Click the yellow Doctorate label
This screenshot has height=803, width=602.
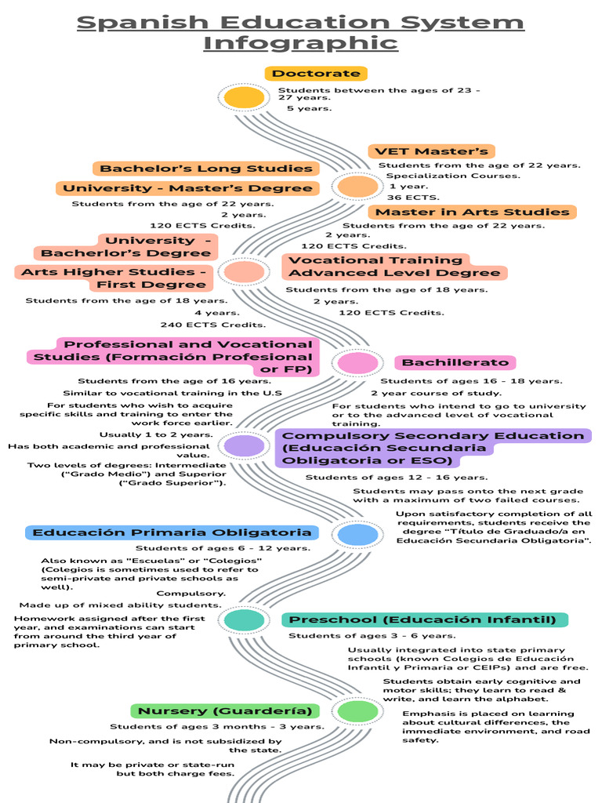(316, 73)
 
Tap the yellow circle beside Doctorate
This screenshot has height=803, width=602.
(245, 97)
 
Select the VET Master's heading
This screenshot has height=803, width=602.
(432, 151)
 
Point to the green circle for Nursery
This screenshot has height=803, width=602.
(357, 710)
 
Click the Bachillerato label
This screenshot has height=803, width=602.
(455, 362)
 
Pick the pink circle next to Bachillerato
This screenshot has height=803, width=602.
(357, 363)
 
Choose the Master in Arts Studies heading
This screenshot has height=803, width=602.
(472, 212)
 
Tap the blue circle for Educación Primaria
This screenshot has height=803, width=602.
(357, 535)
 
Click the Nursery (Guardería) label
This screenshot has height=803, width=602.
(225, 710)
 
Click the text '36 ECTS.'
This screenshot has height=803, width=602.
(413, 197)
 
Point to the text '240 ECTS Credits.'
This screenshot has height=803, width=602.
(213, 325)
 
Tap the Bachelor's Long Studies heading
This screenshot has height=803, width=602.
(206, 169)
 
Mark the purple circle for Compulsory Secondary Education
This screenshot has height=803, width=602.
(245, 445)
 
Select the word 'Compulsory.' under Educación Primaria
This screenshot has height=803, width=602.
(191, 594)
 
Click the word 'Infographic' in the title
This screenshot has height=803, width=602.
(301, 42)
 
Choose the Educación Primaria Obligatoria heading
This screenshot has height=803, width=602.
(172, 532)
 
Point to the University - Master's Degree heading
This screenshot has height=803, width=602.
(187, 188)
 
